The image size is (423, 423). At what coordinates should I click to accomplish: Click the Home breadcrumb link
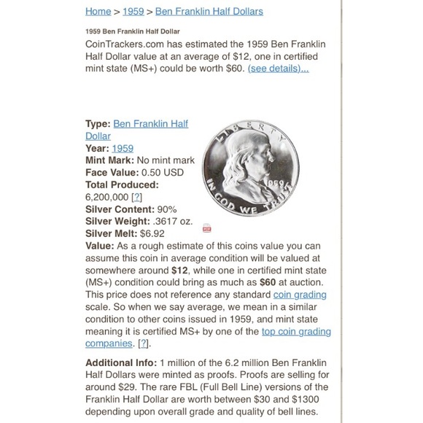(x=98, y=12)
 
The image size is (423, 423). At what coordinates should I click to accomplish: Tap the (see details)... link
(x=278, y=69)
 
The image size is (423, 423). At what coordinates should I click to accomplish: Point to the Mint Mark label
(x=109, y=160)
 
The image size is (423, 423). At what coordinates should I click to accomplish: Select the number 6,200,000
(x=106, y=197)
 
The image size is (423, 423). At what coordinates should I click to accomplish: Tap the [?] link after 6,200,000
(x=136, y=197)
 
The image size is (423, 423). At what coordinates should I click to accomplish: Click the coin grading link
(x=300, y=295)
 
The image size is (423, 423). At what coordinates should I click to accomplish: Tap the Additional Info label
(x=120, y=362)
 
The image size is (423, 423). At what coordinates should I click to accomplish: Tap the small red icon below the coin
(x=207, y=228)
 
